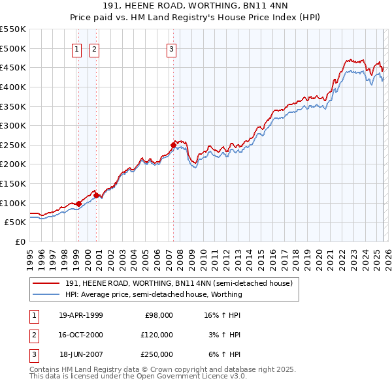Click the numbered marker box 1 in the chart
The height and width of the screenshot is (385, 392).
[x=76, y=48]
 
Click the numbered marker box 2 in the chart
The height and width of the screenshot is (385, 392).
[x=94, y=48]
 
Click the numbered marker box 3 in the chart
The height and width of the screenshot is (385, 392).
[x=171, y=48]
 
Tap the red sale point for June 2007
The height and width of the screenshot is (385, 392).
[x=173, y=145]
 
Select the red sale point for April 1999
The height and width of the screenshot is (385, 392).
[x=78, y=204]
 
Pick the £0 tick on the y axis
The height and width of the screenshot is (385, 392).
[x=21, y=241]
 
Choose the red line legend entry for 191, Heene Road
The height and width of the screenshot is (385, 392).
[x=182, y=283]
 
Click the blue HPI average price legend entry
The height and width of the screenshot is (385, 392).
[x=154, y=294]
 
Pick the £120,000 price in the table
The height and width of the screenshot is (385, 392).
[x=156, y=335]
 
